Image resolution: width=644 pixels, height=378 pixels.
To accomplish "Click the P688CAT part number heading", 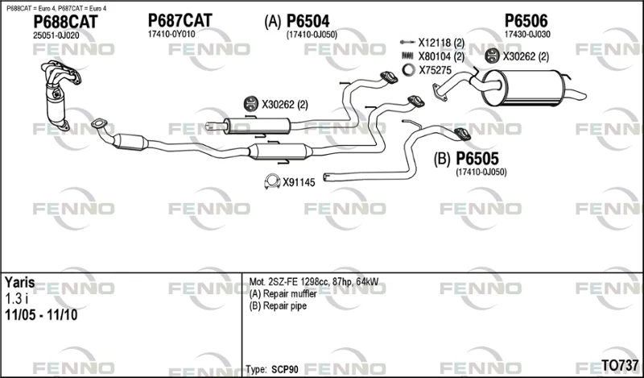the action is click(x=65, y=22).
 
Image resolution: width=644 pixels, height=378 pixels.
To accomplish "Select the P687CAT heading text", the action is click(x=180, y=21).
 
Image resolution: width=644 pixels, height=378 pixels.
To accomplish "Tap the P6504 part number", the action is click(x=308, y=21).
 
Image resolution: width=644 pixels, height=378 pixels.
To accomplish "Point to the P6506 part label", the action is click(x=526, y=21).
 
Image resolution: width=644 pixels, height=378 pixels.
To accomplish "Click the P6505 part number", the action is click(x=477, y=158).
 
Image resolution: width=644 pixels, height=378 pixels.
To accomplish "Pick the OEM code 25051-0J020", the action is click(x=56, y=35).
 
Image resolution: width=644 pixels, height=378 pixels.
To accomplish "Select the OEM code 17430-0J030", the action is click(x=527, y=35).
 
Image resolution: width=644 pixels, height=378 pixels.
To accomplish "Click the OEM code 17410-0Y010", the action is click(x=171, y=34).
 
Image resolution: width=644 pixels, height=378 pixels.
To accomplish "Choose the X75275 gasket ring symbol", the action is click(x=408, y=70).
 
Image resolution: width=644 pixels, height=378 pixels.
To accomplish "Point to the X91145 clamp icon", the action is click(x=272, y=181).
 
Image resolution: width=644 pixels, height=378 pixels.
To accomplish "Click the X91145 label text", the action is click(x=299, y=182).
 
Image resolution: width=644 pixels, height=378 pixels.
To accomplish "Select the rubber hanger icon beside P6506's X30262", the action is click(x=492, y=56).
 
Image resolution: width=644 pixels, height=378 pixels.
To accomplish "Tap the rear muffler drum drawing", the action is click(x=522, y=87).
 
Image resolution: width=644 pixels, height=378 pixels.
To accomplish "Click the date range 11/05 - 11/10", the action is click(x=41, y=315).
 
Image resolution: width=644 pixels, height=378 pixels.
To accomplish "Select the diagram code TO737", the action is click(x=620, y=365).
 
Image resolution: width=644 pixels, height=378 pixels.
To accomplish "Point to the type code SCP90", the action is click(x=285, y=369).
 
